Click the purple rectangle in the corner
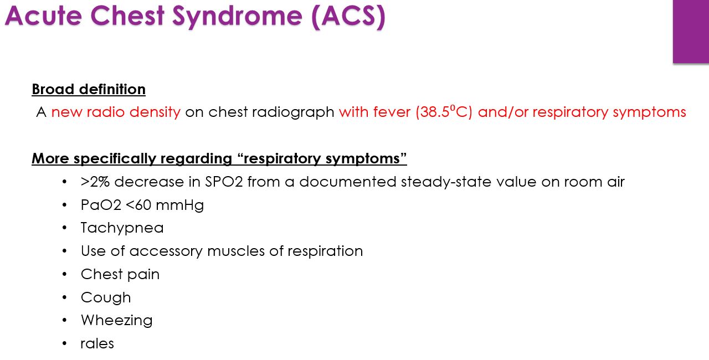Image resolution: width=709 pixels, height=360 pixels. click(x=691, y=31)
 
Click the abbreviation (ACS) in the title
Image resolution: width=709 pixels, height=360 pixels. click(x=348, y=17)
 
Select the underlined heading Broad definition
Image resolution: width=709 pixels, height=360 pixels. click(x=89, y=89)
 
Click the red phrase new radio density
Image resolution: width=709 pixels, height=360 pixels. click(x=116, y=112)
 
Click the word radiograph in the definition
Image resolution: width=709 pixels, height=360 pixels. click(x=293, y=112)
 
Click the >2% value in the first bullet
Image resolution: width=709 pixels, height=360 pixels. click(x=95, y=182)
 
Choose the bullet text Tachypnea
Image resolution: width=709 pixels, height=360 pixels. click(x=122, y=228)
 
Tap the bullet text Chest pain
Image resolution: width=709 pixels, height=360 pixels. click(x=120, y=274)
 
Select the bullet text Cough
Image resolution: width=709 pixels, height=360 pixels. click(x=106, y=297)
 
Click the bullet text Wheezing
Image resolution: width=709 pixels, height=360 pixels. click(x=116, y=320)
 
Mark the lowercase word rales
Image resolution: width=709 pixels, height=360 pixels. click(x=97, y=343)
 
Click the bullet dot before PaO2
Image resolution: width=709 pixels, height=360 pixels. click(x=65, y=205)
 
